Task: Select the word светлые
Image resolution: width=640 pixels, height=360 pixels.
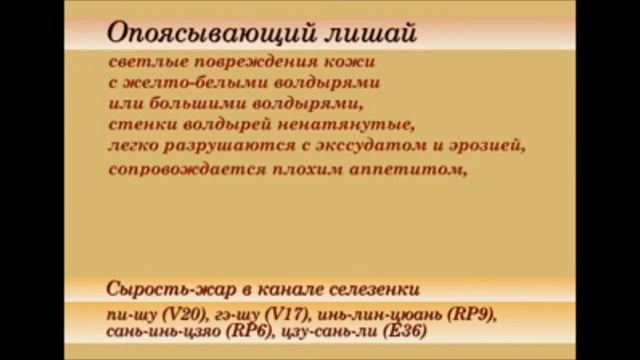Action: (142, 62)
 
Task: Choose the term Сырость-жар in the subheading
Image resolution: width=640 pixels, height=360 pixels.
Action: (160, 290)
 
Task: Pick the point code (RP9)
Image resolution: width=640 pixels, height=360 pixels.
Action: (471, 314)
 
